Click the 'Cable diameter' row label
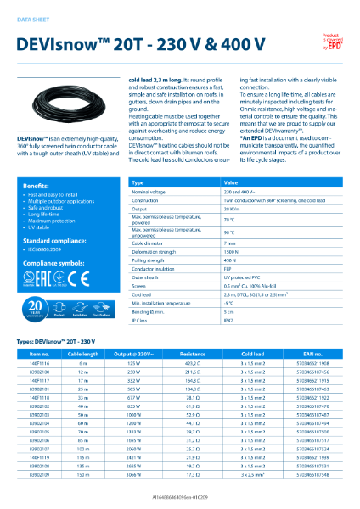pos(152,242)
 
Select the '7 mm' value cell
pos(231,242)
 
